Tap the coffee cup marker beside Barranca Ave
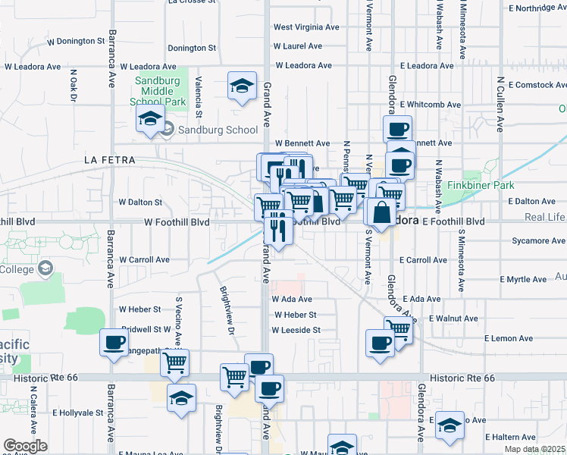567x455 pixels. (114, 343)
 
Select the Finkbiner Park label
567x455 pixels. (481, 185)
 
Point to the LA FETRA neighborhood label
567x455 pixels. (109, 160)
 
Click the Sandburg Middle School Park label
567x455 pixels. (160, 92)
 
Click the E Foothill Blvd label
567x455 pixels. (453, 221)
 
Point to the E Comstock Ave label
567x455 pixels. (538, 85)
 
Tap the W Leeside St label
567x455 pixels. (296, 330)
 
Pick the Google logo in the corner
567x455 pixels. (25, 446)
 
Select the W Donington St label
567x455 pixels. (69, 41)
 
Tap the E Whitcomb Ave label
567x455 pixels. (431, 104)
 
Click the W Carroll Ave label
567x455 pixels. (144, 259)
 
